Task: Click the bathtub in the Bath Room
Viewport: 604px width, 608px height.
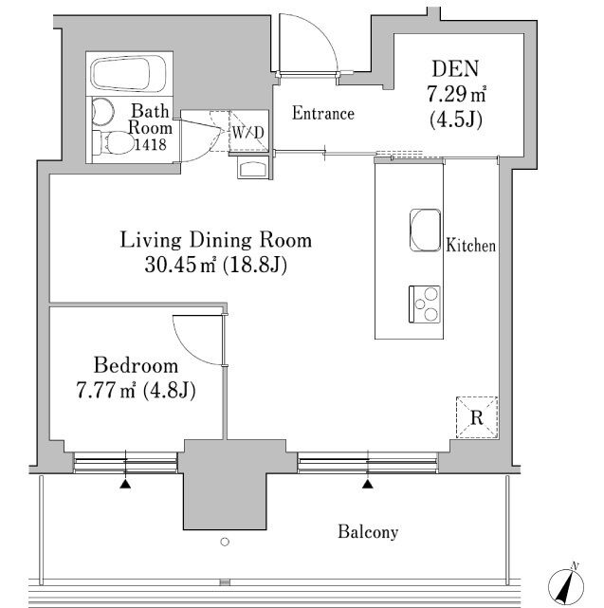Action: (x=128, y=74)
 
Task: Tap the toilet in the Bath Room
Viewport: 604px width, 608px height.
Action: (x=113, y=142)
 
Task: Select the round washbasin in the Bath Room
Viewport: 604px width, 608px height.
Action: (x=102, y=112)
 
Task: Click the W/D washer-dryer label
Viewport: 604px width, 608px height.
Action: (x=248, y=133)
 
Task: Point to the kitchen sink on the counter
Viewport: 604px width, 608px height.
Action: (x=426, y=230)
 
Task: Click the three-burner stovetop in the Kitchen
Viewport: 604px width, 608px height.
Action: (x=424, y=304)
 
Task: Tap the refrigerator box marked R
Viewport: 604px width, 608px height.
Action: (x=476, y=417)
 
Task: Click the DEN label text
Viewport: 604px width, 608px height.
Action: (x=455, y=68)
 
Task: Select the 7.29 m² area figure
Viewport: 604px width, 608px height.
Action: (x=456, y=94)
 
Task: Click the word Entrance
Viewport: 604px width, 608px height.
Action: (x=323, y=113)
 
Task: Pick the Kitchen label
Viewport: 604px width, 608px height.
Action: (x=470, y=246)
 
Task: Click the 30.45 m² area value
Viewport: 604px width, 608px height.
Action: (x=180, y=266)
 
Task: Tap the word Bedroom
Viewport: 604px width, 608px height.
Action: (x=137, y=365)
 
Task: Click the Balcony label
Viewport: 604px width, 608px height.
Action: (x=368, y=531)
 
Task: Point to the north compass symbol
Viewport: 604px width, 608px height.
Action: (x=566, y=585)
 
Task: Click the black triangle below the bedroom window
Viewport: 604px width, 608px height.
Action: (x=125, y=484)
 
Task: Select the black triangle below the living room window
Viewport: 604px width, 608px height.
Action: (x=368, y=484)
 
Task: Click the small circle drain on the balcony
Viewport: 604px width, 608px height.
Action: (x=225, y=542)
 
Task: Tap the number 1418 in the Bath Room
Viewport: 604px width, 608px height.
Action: (x=150, y=144)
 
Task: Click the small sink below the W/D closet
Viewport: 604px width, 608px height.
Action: (x=253, y=169)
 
